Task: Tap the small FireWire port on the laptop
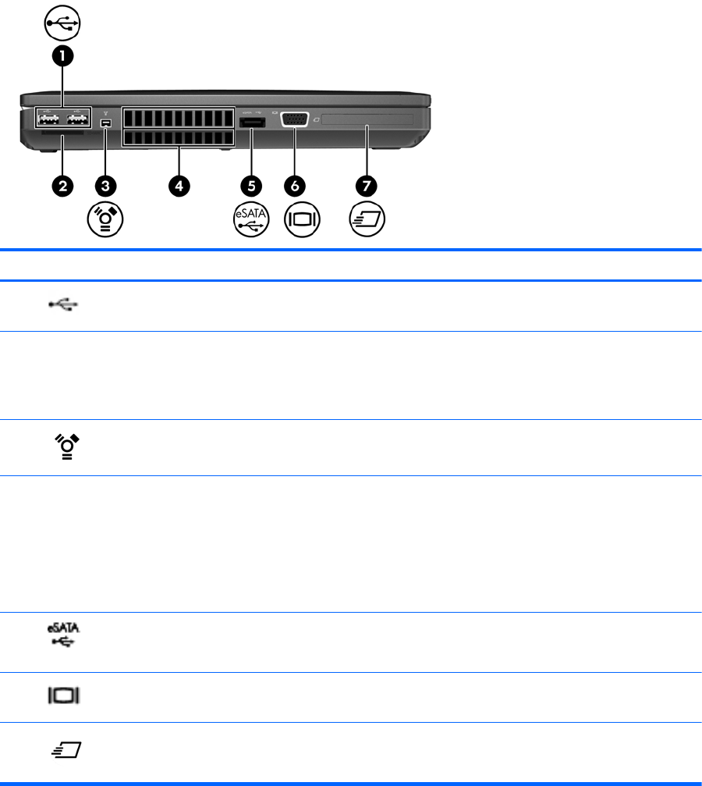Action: click(106, 123)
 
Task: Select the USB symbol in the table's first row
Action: click(67, 304)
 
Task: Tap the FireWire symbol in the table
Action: click(67, 447)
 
